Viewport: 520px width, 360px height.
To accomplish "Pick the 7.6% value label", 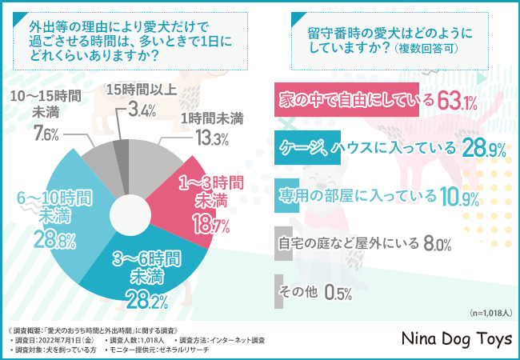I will pyautogui.click(x=46, y=134).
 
